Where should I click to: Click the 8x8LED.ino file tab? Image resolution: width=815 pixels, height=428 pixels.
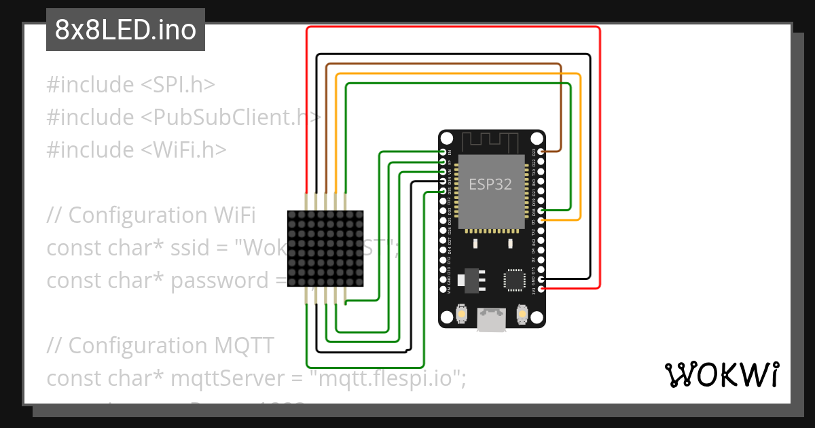point(126,31)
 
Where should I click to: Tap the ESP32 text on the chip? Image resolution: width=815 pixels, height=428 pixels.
point(490,183)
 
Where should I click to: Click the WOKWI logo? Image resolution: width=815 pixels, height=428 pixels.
point(721,374)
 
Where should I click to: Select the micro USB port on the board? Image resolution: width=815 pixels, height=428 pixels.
point(492,320)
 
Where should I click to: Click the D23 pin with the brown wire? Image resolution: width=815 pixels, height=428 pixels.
point(541,151)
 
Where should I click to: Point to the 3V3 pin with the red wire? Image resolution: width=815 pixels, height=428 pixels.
point(541,289)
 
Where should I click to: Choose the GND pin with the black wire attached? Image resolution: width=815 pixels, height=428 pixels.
point(541,279)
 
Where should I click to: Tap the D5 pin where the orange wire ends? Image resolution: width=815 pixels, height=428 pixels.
point(541,220)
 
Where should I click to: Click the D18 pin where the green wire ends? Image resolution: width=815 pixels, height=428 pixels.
point(541,211)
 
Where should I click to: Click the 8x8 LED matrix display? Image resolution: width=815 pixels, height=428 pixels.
point(325,248)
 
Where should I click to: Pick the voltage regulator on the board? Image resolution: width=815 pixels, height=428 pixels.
point(468,279)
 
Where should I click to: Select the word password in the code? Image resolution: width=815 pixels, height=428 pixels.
point(219,280)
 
